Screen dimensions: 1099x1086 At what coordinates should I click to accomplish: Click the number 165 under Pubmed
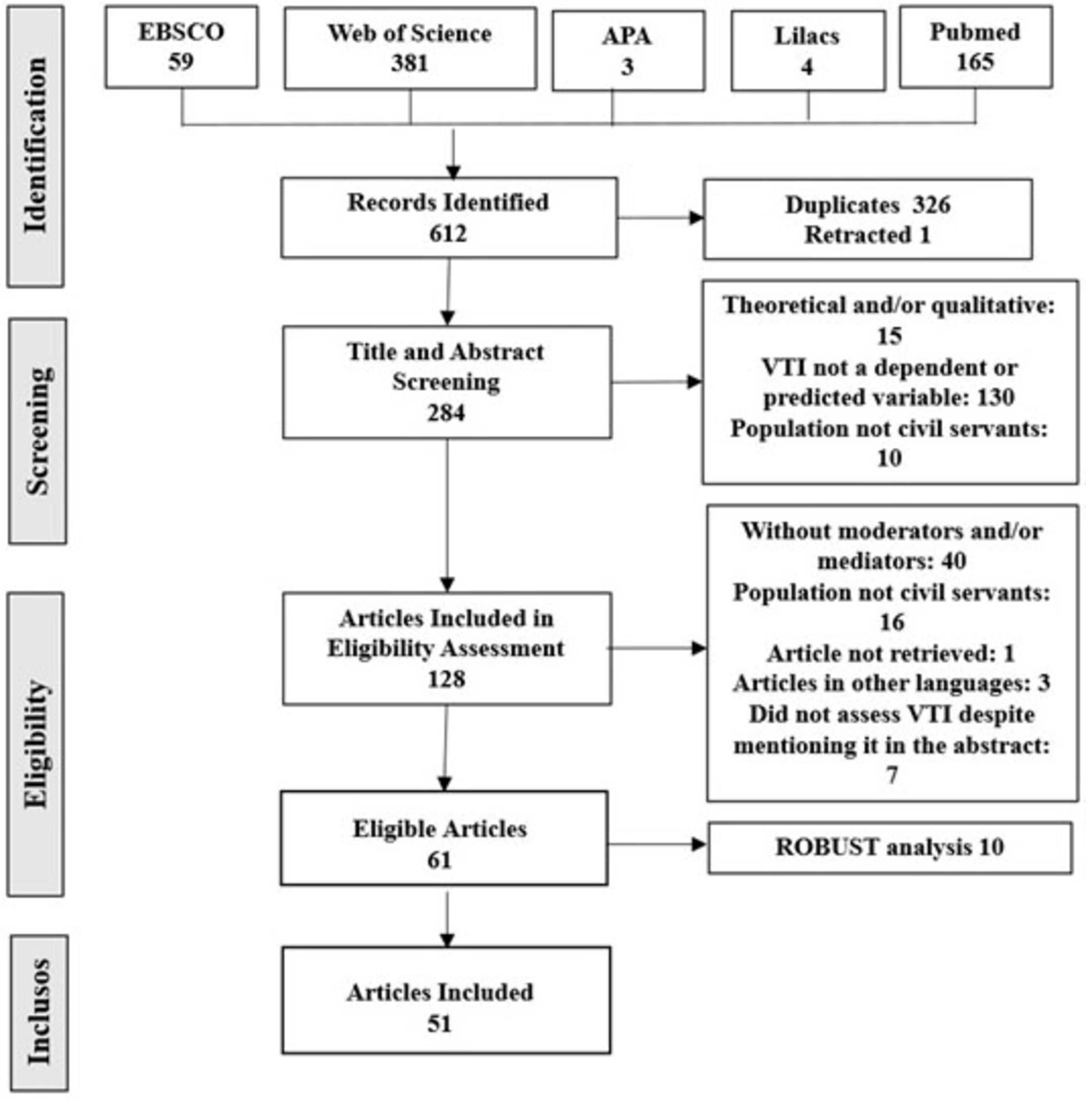pyautogui.click(x=974, y=62)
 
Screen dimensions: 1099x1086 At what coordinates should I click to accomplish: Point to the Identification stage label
pyautogui.click(x=35, y=145)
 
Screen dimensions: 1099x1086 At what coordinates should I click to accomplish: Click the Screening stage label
pyautogui.click(x=38, y=431)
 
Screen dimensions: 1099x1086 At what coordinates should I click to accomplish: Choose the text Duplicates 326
pyautogui.click(x=867, y=205)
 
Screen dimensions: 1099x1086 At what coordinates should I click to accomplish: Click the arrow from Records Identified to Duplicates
pyautogui.click(x=660, y=217)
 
